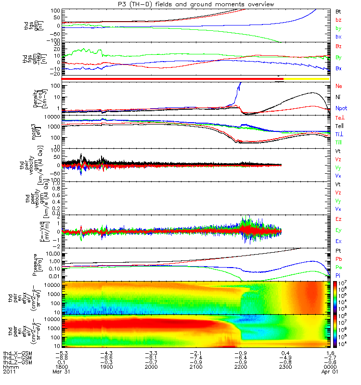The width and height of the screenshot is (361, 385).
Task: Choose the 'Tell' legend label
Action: click(340, 126)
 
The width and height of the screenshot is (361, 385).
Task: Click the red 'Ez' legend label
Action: click(338, 219)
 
